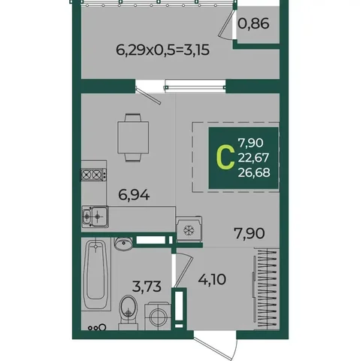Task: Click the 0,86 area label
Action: click(x=253, y=24)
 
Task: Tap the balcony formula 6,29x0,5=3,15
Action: click(x=162, y=50)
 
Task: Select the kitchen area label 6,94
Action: click(x=134, y=195)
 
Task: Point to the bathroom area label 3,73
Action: click(x=147, y=287)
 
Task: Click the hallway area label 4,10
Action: click(x=212, y=279)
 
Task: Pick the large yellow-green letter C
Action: click(x=225, y=157)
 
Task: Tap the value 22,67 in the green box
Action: click(x=253, y=158)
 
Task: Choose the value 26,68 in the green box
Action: click(x=254, y=172)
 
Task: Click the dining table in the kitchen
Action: click(x=133, y=138)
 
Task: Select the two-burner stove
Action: click(x=93, y=174)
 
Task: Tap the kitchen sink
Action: click(x=95, y=217)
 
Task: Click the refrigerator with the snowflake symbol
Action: click(x=189, y=229)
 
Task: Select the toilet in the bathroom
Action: click(x=129, y=312)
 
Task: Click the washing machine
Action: click(x=158, y=316)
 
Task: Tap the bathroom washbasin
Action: click(x=124, y=244)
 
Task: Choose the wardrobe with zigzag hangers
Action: click(x=265, y=289)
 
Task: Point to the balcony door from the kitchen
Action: click(x=148, y=96)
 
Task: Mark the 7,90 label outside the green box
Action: click(x=250, y=233)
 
